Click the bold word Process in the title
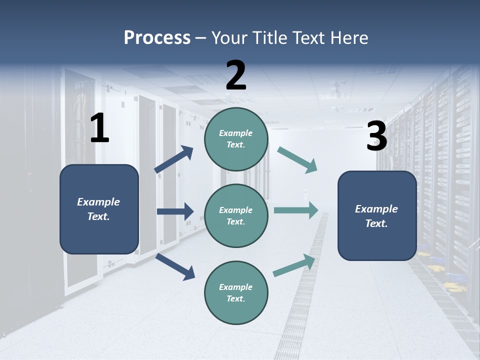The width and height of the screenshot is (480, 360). tap(157, 38)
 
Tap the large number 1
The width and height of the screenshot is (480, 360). tap(99, 128)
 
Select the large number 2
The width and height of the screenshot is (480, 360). tap(236, 75)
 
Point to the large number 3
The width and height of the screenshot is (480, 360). tap(376, 136)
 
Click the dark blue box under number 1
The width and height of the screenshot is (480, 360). tap(99, 209)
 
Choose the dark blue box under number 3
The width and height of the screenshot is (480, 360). tap(377, 215)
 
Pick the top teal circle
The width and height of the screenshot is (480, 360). tap(236, 139)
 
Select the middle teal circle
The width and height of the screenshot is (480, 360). tap(236, 215)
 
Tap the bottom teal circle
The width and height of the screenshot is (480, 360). tap(236, 292)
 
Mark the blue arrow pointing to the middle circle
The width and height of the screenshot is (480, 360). tap(175, 211)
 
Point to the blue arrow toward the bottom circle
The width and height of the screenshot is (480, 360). tap(175, 266)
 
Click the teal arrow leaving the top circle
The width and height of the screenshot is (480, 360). tap(297, 160)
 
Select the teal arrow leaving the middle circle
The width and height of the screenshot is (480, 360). tap(296, 210)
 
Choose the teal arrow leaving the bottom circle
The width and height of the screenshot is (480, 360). tap(294, 265)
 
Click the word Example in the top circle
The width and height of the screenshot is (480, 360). tap(235, 133)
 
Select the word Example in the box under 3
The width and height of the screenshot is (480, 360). tap(376, 209)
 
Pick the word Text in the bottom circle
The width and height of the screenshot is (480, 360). tap(235, 298)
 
